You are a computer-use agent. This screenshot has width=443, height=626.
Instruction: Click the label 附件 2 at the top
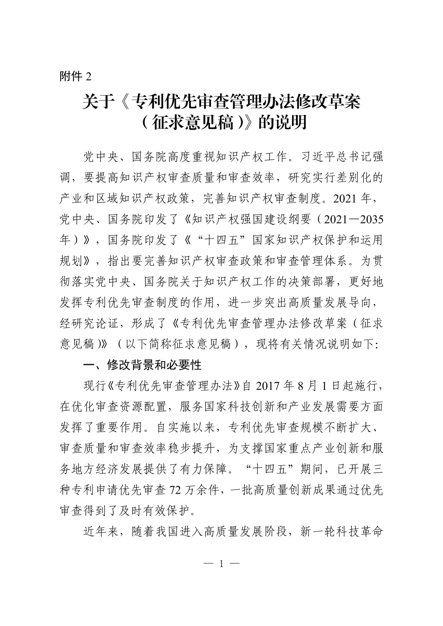[x=76, y=76]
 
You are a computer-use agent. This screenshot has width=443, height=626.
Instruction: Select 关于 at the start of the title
[x=97, y=102]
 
